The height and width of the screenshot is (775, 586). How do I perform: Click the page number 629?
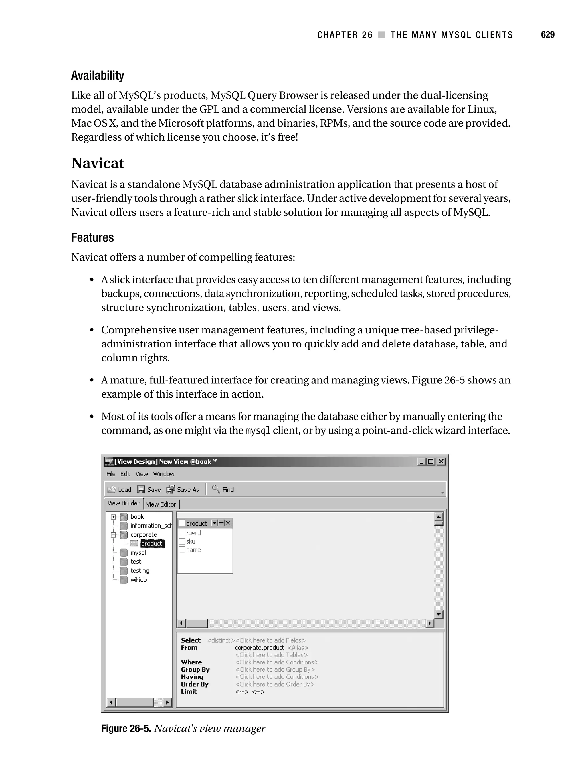point(547,35)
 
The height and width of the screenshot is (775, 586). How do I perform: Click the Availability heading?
point(97,75)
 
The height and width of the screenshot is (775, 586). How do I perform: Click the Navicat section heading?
point(97,163)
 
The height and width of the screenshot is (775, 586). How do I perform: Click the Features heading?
point(92,237)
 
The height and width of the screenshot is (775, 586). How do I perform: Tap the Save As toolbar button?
point(183,489)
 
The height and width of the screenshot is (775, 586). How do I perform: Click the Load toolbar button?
point(119,489)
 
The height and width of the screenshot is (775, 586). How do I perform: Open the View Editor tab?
point(161,504)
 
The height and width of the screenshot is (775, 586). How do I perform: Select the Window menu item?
point(163,474)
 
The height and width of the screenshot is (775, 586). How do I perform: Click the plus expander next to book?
point(113,517)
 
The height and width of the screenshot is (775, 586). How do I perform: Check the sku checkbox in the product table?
point(182,541)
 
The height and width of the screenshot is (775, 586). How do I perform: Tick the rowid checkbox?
point(182,533)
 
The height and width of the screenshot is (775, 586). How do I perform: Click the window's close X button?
point(441,461)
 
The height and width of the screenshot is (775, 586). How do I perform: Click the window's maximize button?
point(431,461)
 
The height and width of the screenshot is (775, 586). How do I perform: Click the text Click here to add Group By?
point(275,670)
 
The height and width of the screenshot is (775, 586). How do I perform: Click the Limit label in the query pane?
point(189,692)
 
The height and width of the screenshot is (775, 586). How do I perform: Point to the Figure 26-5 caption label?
point(126,728)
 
